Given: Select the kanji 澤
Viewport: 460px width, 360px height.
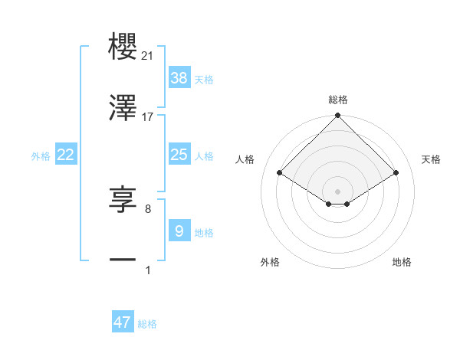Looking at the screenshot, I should coord(123,108).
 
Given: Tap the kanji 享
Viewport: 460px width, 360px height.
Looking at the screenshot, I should coord(123,200).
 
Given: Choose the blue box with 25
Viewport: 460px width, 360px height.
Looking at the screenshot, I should coord(179,155).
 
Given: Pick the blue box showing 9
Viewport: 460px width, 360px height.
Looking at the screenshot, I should coord(179,230).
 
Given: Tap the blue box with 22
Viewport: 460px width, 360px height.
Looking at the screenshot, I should coord(66,155).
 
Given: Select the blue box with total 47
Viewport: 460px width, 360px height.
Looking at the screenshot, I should coord(123,322).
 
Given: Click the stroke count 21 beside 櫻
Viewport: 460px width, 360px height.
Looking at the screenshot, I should coord(148,56).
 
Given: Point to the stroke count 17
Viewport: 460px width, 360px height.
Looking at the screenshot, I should coord(148,116).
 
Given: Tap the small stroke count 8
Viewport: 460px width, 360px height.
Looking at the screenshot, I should coord(147,208).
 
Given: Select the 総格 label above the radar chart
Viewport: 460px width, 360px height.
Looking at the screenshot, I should coord(338,100).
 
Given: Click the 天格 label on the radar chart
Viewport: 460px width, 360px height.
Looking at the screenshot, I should coord(432,159).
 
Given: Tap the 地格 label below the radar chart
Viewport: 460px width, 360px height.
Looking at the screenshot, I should coord(402,262).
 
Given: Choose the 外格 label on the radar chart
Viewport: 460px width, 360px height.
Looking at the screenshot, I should coord(270,262).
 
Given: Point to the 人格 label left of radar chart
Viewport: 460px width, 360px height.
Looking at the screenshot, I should coord(245,159).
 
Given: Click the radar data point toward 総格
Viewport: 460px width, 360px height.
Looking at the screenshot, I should coord(338,116).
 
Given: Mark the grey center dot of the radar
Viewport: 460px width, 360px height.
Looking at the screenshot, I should coord(338,191).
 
